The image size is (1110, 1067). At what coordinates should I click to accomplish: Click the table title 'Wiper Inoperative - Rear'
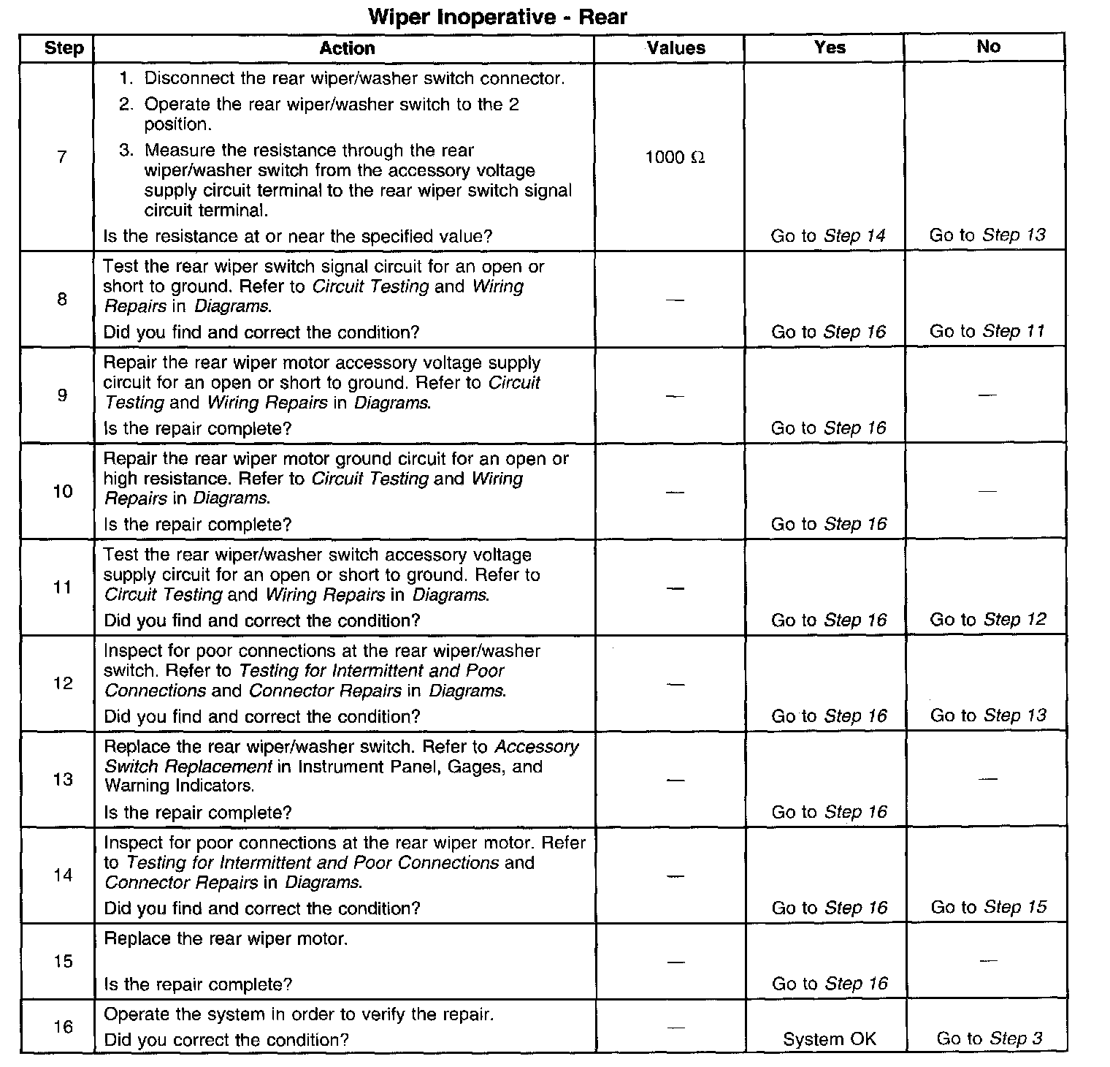point(498,17)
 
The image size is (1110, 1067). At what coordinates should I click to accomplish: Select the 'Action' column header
point(347,48)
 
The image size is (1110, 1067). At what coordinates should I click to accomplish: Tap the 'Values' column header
point(676,48)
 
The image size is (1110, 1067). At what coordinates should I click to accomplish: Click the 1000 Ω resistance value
point(675,158)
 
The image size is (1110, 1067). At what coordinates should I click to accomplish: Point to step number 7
point(61,157)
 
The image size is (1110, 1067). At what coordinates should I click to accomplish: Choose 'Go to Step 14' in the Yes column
point(828,236)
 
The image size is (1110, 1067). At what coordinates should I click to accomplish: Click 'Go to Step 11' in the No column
point(987,332)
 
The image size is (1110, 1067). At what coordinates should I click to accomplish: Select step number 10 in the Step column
point(63,491)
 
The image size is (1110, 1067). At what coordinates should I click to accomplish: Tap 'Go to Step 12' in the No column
point(988,620)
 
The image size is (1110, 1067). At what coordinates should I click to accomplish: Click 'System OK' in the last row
point(829,1039)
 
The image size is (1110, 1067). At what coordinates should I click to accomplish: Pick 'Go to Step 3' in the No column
point(990,1038)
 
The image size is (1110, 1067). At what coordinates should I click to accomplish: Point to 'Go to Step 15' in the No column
point(989,908)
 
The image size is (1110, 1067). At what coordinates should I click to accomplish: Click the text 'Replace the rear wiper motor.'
point(226,939)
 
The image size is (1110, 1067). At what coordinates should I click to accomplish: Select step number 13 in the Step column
point(64,779)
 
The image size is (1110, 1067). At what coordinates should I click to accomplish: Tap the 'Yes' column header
point(830,48)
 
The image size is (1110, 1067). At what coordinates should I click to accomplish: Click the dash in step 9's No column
point(987,395)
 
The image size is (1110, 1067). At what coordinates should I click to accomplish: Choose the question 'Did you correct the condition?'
point(226,1039)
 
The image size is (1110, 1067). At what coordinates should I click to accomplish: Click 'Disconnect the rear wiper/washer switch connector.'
point(354,78)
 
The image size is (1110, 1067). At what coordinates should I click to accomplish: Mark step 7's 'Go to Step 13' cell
point(987,235)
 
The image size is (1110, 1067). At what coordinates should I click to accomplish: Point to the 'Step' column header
point(64,49)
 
